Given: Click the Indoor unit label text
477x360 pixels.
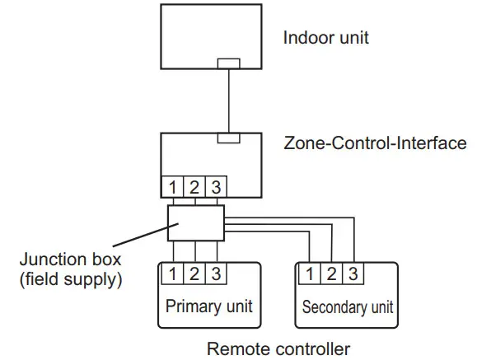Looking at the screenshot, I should tap(325, 38).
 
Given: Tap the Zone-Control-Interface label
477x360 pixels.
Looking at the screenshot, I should tap(375, 143).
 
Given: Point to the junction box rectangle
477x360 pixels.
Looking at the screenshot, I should tap(195, 222).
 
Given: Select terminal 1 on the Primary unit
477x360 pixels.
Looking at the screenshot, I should tap(174, 272).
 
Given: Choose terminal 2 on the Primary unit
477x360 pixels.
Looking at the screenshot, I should tap(195, 272).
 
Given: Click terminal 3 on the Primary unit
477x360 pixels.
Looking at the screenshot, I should tap(217, 272).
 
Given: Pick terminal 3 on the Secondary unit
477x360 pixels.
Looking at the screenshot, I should tap(353, 272).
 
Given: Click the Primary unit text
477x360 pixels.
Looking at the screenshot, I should tap(208, 307).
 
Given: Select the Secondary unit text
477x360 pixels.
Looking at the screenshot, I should tap(347, 307).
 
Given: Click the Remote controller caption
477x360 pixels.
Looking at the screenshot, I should tap(278, 348).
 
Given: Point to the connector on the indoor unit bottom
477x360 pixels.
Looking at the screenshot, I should tap(228, 63).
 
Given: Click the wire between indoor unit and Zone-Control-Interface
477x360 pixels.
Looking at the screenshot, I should tap(228, 99).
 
